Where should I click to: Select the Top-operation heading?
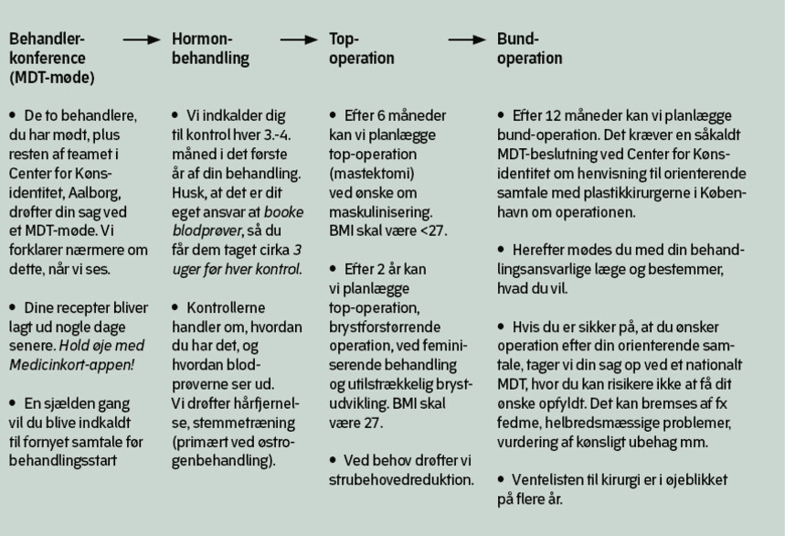[x=361, y=48]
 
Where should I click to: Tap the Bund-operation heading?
[x=529, y=48]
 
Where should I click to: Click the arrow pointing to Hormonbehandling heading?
[x=143, y=40]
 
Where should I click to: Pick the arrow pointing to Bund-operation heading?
[x=467, y=40]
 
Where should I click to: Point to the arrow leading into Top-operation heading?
[x=300, y=40]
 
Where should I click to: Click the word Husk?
[x=187, y=191]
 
